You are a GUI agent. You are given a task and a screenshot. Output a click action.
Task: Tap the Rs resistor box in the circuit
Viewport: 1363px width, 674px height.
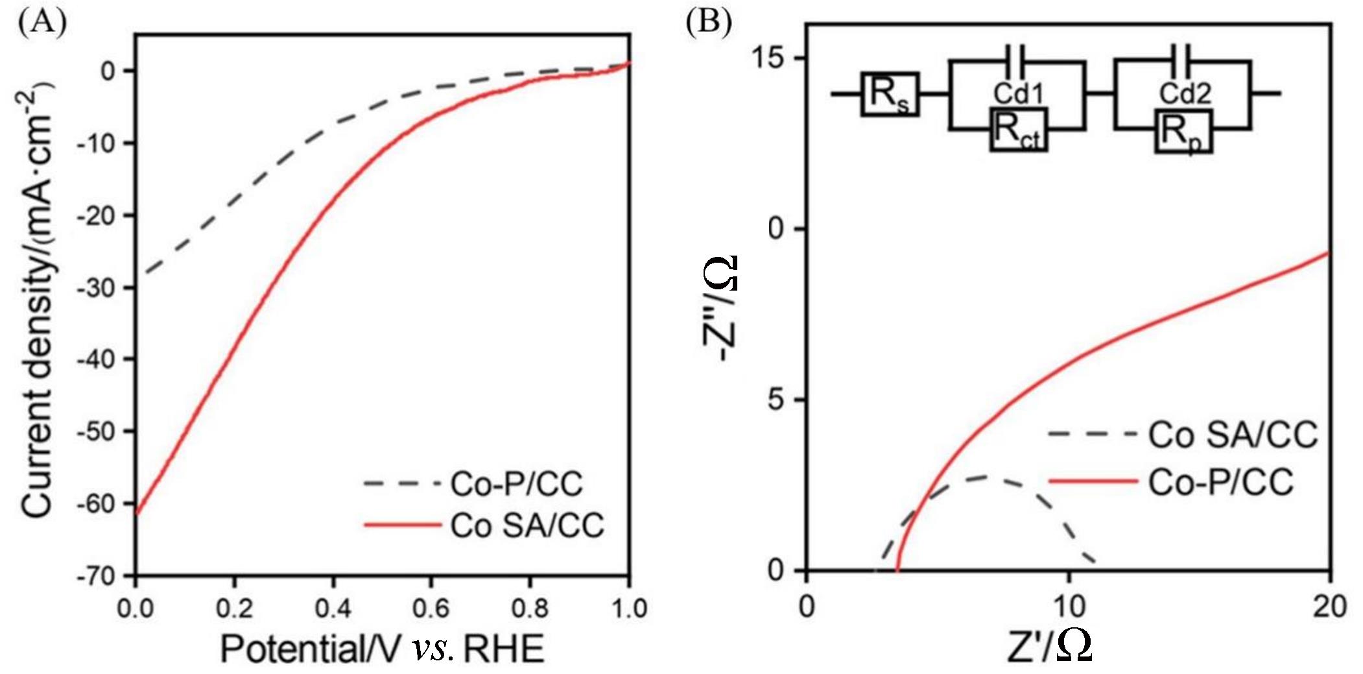click(889, 94)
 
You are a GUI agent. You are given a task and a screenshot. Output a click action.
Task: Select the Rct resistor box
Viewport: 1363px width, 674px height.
click(1018, 130)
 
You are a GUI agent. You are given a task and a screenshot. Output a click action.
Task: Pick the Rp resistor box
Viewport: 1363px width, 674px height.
click(1183, 132)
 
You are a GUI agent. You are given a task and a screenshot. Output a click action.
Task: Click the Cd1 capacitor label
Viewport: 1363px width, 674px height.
click(1019, 94)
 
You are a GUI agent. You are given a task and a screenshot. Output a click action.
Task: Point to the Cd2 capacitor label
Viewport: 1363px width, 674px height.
click(1185, 94)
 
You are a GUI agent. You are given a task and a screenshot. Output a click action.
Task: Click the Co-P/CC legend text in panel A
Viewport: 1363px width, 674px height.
click(516, 484)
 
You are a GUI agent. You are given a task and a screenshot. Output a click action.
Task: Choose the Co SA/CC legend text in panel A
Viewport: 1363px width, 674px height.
click(527, 525)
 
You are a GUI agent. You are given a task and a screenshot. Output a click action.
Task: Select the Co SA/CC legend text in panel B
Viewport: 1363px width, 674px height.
click(1233, 435)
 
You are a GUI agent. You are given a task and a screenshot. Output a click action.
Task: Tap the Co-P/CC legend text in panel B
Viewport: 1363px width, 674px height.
click(1220, 483)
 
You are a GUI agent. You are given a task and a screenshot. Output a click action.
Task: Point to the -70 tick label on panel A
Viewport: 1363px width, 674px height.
click(97, 576)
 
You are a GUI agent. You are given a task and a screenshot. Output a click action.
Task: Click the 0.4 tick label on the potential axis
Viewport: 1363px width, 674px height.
click(333, 608)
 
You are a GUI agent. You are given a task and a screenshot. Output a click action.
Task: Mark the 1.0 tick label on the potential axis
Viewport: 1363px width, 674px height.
click(629, 608)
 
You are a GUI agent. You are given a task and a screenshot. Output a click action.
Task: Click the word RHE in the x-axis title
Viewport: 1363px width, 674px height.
click(504, 649)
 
